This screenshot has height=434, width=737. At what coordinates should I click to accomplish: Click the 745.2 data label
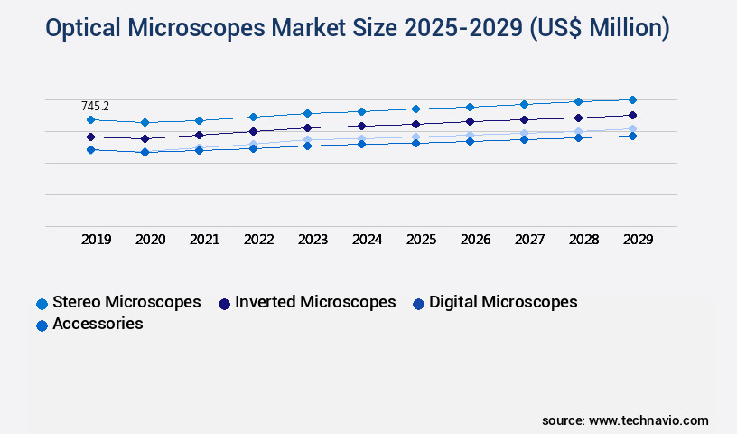click(x=95, y=107)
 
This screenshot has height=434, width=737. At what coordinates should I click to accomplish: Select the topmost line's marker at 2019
click(x=90, y=119)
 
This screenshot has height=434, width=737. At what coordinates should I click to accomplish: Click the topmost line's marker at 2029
click(x=632, y=99)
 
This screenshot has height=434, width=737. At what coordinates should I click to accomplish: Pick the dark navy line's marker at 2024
click(x=361, y=126)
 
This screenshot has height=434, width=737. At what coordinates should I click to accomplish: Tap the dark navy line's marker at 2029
click(x=632, y=115)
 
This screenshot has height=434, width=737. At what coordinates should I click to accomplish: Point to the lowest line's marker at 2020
click(x=145, y=152)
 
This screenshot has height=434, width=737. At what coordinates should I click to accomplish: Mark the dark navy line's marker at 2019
click(x=90, y=137)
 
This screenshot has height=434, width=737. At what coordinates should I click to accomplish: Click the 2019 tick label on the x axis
click(x=97, y=240)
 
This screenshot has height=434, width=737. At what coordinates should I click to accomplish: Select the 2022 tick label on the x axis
click(x=259, y=240)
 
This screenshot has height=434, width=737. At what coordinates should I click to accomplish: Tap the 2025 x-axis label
click(x=422, y=240)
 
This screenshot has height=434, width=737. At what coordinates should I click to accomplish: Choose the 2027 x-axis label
click(x=530, y=240)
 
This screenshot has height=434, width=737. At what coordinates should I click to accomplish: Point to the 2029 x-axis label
click(x=639, y=240)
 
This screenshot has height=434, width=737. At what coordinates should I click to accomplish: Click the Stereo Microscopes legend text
click(x=126, y=302)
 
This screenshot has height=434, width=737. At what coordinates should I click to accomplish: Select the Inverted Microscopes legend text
click(x=315, y=302)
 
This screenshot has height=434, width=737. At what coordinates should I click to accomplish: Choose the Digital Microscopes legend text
click(x=503, y=302)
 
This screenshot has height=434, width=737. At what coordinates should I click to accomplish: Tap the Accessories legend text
click(x=98, y=324)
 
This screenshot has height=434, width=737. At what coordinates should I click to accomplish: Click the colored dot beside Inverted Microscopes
click(x=224, y=304)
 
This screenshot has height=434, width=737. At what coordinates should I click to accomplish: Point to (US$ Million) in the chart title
click(x=595, y=29)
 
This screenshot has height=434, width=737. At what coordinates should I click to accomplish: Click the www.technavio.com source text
click(x=648, y=420)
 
